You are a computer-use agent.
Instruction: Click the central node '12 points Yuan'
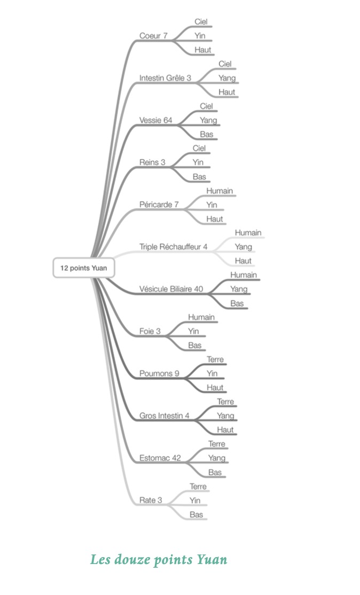click(x=84, y=268)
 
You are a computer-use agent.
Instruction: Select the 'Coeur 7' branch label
click(x=153, y=36)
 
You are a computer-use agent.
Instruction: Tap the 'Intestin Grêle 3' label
click(x=165, y=78)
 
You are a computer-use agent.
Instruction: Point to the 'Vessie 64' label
click(x=155, y=120)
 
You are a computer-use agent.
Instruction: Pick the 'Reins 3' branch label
click(x=152, y=162)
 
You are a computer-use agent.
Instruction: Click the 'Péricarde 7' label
click(x=159, y=205)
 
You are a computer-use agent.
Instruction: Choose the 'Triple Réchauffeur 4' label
click(x=173, y=247)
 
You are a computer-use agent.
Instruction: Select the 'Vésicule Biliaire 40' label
click(x=171, y=289)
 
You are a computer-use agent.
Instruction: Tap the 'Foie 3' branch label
click(x=150, y=331)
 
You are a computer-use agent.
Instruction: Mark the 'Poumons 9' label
click(x=159, y=373)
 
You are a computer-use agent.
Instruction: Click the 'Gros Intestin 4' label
click(x=164, y=416)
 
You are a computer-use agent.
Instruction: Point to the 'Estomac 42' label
click(x=160, y=458)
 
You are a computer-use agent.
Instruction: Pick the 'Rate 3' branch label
click(x=150, y=500)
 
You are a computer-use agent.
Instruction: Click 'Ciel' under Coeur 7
click(x=201, y=21)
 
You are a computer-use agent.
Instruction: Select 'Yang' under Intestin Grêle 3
click(x=226, y=78)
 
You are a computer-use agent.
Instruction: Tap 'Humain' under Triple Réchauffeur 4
click(x=248, y=233)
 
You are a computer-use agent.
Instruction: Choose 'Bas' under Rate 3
click(x=196, y=514)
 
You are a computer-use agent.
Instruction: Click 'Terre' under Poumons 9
click(x=215, y=359)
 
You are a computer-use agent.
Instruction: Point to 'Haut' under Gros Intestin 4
click(x=225, y=430)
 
